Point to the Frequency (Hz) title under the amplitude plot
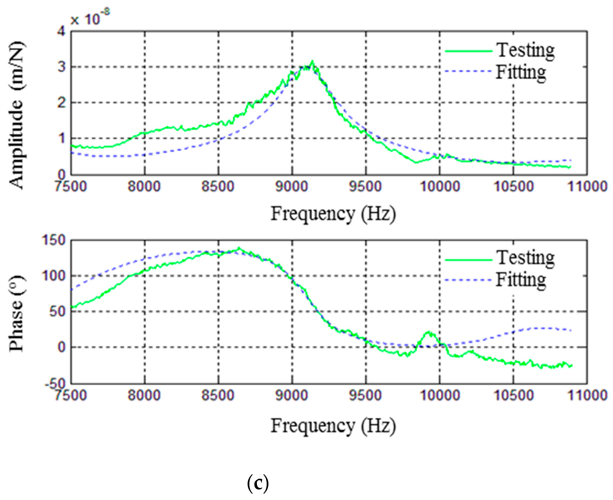[333, 214]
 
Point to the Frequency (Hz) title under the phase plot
[333, 426]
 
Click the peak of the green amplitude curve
[312, 61]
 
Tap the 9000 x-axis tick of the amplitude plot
[292, 186]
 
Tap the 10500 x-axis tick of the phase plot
[514, 395]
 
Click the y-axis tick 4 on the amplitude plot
[61, 31]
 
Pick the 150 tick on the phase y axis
[54, 240]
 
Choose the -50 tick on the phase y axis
[55, 384]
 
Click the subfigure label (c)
[258, 484]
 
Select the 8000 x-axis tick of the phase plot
[144, 395]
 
